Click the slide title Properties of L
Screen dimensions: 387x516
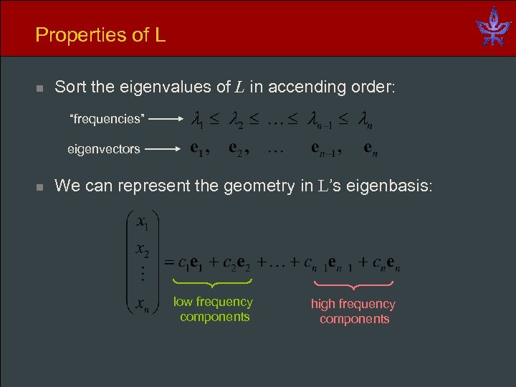[100, 34]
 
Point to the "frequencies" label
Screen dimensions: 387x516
[107, 119]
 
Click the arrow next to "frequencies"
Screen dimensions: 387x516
[167, 120]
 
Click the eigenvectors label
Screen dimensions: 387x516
[104, 150]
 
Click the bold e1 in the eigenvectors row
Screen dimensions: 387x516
[200, 150]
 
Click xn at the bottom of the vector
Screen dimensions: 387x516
[142, 305]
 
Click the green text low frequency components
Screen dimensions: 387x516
[214, 310]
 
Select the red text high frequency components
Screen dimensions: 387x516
[353, 312]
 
